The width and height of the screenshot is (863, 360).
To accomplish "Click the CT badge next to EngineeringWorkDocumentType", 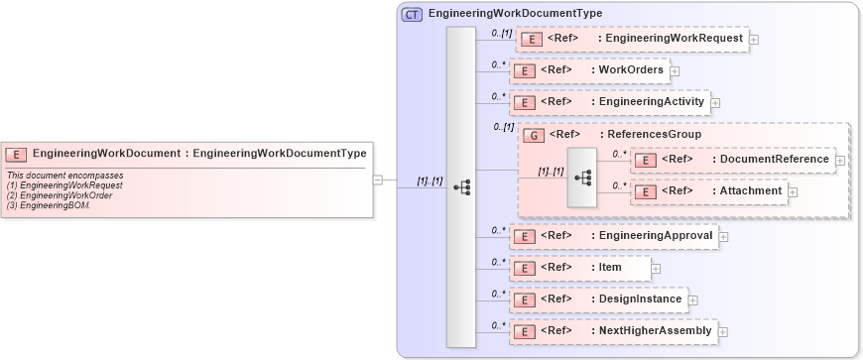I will click(412, 14).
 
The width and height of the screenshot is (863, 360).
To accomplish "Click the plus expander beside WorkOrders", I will click(675, 70).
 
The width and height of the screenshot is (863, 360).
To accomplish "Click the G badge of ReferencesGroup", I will click(533, 134).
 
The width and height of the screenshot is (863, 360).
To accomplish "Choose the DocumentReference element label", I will click(774, 159).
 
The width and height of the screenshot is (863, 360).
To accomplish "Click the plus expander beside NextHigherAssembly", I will click(723, 331).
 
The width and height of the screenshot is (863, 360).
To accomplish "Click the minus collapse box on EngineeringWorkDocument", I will click(378, 180).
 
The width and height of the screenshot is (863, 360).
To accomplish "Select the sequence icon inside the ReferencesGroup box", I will click(583, 178).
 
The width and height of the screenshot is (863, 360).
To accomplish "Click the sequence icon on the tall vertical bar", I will click(461, 187).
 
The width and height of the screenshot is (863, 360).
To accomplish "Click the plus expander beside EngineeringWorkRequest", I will click(754, 40).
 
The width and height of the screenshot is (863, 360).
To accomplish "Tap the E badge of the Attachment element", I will click(645, 191).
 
